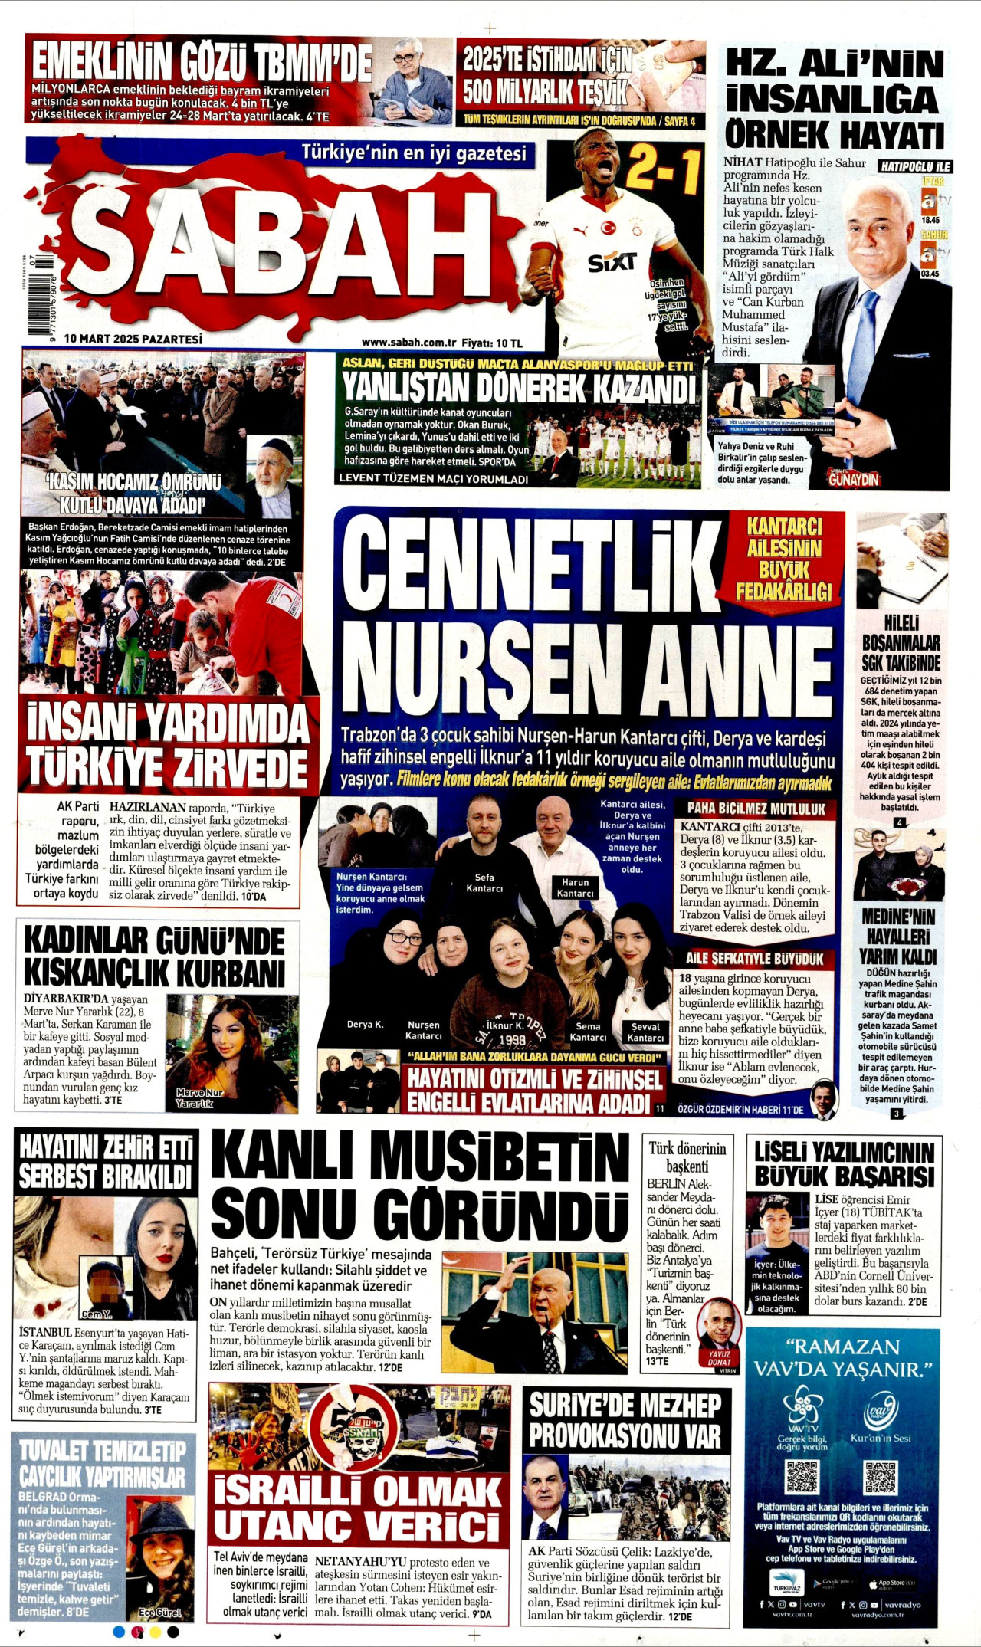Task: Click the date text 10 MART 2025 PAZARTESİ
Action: [133, 338]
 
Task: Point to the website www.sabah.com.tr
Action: [408, 343]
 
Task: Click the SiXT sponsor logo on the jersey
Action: [612, 262]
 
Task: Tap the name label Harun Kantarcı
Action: [576, 887]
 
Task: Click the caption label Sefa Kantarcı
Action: [484, 883]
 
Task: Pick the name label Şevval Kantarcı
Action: [645, 1032]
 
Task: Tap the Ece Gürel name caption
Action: [160, 1612]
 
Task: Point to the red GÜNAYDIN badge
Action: [855, 479]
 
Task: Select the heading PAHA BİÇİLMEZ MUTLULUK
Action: [756, 809]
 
